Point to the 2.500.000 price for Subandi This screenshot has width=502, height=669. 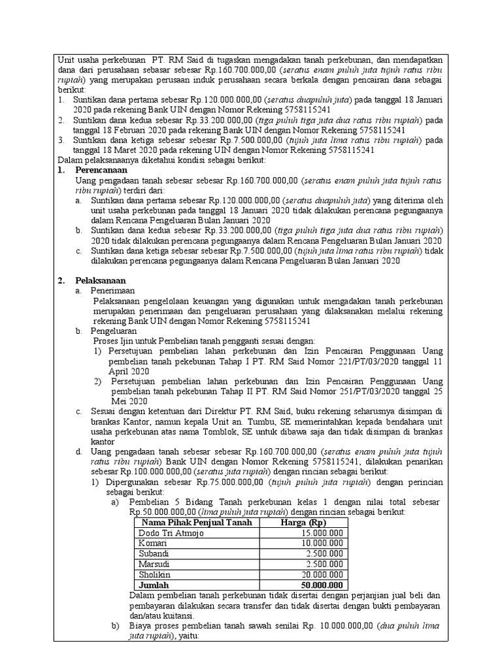[325, 554]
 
